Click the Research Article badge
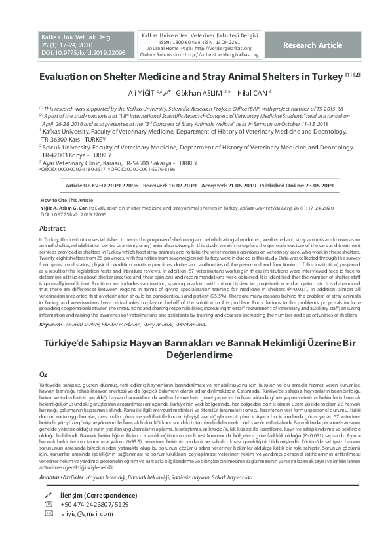[x=312, y=45]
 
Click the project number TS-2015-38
[x=310, y=108]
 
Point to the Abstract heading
[x=52, y=229]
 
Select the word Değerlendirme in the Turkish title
[x=195, y=354]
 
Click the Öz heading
[x=44, y=373]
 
